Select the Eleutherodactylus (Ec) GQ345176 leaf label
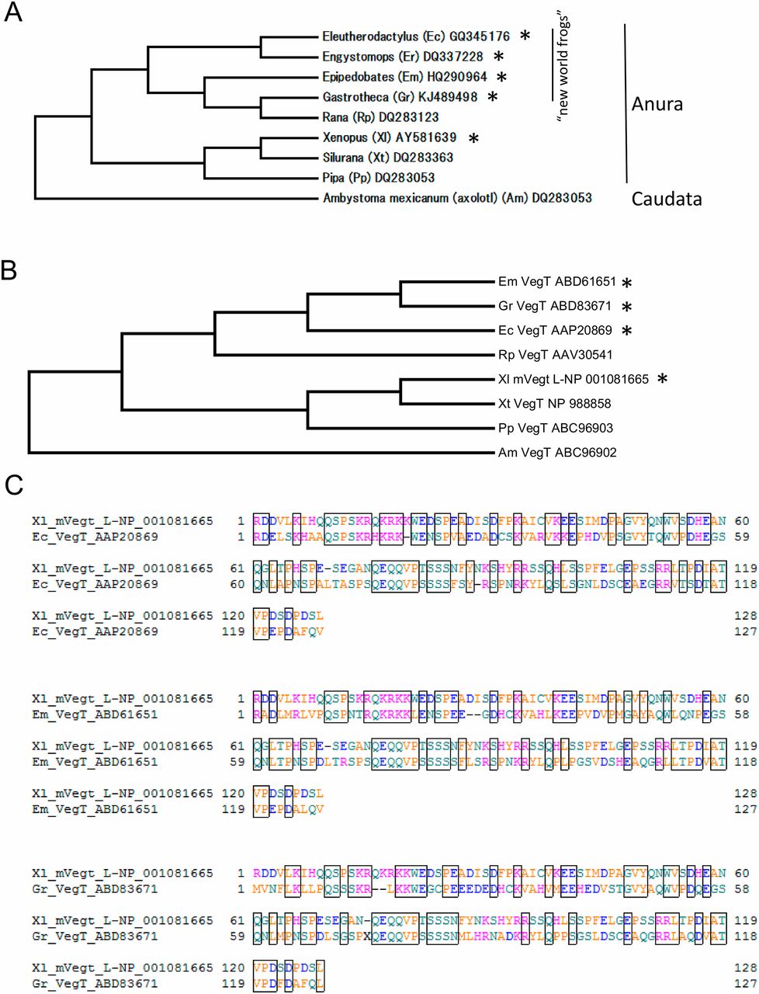pos(416,36)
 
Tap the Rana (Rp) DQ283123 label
pos(380,117)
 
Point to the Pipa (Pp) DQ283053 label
pos(378,178)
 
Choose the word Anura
pos(657,104)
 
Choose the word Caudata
pos(667,199)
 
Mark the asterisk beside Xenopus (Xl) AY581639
pos(474,138)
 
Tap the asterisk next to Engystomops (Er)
pos(499,57)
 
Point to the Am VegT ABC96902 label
pos(557,452)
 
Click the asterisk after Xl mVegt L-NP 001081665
pos(662,379)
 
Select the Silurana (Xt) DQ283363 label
pos(388,158)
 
